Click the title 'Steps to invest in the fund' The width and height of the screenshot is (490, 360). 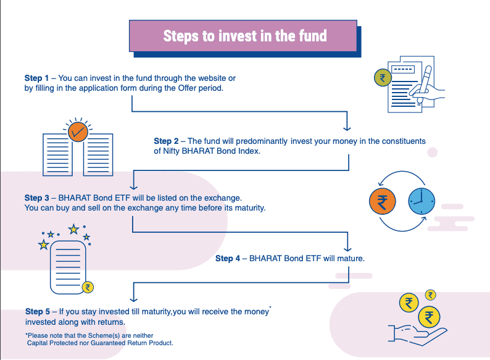tap(244, 36)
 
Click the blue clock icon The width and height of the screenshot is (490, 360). tap(421, 203)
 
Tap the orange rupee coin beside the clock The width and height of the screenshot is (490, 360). tap(383, 203)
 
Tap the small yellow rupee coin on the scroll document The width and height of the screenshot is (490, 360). tap(88, 287)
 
